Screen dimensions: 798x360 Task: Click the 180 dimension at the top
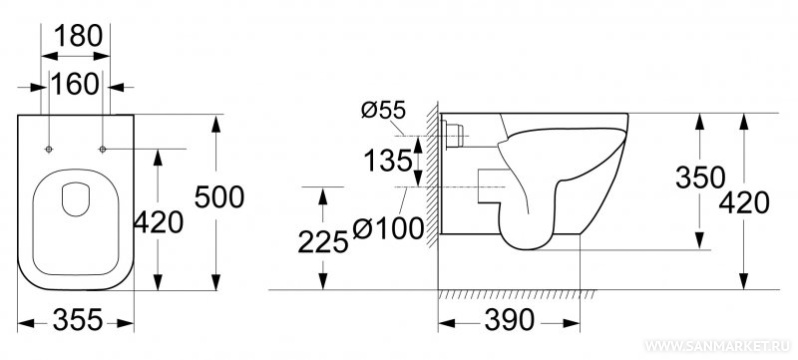[x=78, y=36]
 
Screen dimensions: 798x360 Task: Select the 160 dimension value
[x=75, y=85]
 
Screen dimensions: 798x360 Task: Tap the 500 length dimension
[x=219, y=197]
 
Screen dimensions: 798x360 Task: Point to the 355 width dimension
[x=78, y=320]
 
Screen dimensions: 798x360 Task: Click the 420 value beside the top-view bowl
[x=158, y=223]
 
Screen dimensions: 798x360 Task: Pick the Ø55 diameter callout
[x=383, y=109]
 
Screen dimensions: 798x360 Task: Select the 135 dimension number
[x=388, y=161]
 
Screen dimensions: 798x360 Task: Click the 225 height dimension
[x=323, y=241]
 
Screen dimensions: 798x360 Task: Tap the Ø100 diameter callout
[x=388, y=228]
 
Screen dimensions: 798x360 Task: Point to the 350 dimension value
[x=700, y=178]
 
